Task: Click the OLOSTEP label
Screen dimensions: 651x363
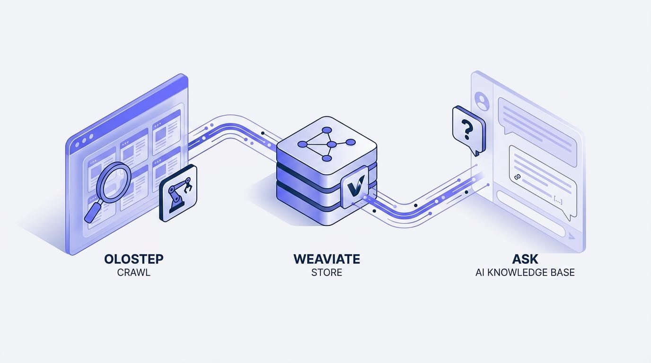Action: tap(134, 259)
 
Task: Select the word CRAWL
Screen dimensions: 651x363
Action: tap(134, 272)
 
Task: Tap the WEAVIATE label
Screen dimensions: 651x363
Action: tap(326, 259)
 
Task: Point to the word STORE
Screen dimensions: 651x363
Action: tap(326, 272)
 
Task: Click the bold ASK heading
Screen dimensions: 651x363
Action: tap(525, 259)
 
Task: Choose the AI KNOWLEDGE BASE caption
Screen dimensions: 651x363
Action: tap(525, 272)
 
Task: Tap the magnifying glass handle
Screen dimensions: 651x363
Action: tap(92, 213)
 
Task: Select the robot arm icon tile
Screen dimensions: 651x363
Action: tap(178, 193)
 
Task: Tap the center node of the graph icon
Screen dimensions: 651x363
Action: tap(332, 145)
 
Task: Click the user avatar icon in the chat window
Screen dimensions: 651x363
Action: tap(482, 101)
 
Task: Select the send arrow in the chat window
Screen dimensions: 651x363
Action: tap(572, 236)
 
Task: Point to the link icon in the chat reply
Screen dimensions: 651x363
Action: tap(517, 177)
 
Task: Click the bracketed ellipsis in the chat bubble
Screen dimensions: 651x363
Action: tap(558, 200)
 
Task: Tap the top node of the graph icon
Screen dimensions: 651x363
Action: tap(326, 130)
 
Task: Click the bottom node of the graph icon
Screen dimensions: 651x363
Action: tap(326, 158)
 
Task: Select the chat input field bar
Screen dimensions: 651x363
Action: tap(531, 214)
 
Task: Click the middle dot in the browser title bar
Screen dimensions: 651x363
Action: tap(84, 140)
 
